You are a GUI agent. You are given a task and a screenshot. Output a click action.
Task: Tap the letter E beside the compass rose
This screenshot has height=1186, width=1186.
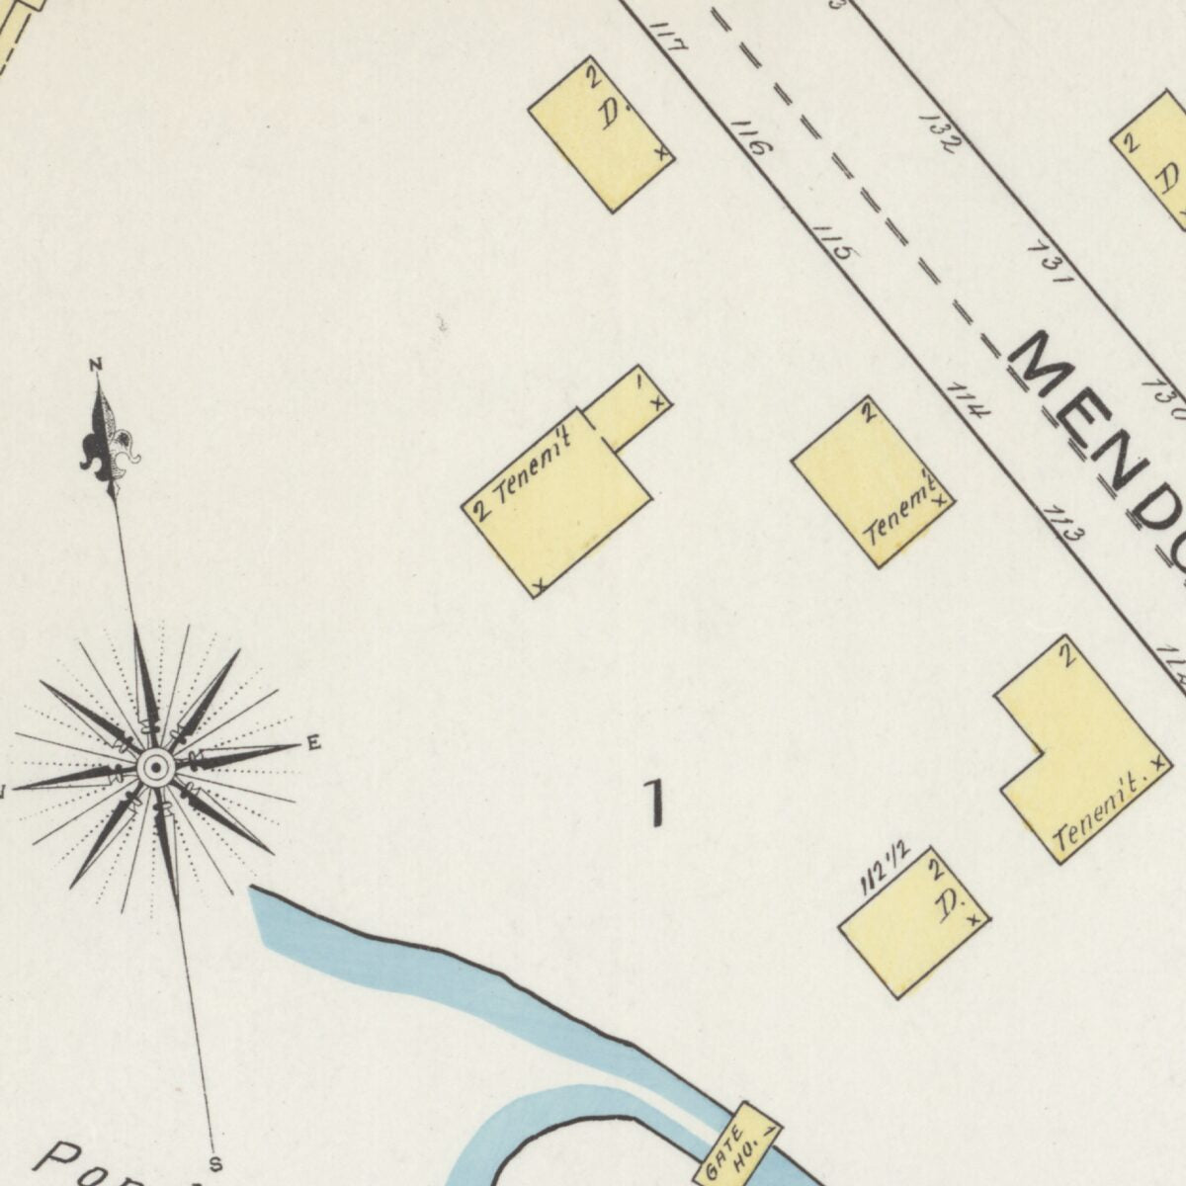point(313,743)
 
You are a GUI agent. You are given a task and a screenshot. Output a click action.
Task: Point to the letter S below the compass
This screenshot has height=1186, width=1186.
point(215,1162)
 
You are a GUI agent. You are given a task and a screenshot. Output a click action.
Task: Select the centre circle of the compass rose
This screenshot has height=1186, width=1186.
point(155,767)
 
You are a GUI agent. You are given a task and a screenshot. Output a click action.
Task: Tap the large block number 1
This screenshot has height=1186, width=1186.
point(653,803)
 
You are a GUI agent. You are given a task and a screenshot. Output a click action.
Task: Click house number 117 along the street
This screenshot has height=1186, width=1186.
point(670,39)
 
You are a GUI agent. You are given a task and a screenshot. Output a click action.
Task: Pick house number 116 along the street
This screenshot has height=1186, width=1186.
point(750,138)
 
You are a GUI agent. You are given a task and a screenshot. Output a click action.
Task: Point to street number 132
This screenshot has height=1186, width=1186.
point(938,132)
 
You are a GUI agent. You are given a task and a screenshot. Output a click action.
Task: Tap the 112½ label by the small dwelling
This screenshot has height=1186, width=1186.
point(885,871)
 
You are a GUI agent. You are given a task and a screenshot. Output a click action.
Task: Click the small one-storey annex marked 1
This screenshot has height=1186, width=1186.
point(629,407)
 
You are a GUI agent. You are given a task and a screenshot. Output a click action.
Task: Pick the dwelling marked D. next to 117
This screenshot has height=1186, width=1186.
point(601,133)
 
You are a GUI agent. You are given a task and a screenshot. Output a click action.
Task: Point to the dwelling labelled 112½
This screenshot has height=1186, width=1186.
point(914,922)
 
